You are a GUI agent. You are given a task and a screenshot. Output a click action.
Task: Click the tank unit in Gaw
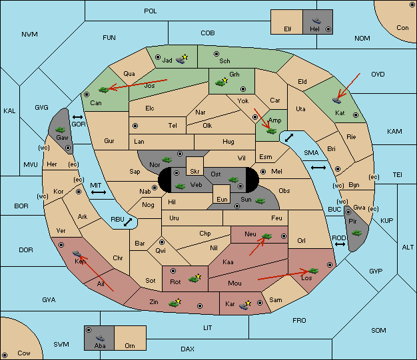[60, 129]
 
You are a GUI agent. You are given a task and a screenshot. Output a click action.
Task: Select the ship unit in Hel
[316, 21]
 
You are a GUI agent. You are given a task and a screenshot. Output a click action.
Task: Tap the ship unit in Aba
[100, 337]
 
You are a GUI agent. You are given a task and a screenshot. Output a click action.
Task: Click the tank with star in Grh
[221, 82]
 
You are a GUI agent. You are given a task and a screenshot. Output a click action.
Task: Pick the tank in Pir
[356, 233]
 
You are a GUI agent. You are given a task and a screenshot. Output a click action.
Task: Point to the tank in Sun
[260, 201]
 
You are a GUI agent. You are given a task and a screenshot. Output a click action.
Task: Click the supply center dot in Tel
[135, 125]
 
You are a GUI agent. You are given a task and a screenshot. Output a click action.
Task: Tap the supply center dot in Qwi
[162, 242]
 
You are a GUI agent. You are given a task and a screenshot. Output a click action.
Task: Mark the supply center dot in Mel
[263, 172]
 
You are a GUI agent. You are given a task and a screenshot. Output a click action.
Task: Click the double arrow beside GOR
[78, 117]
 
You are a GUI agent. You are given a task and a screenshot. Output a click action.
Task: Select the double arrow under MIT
[99, 192]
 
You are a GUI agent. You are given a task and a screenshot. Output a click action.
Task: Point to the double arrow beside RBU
[128, 222]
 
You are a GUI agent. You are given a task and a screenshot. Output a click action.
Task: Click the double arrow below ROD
[340, 244]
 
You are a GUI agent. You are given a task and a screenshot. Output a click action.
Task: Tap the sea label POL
[151, 11]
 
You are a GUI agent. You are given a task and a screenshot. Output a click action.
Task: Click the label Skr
[195, 172]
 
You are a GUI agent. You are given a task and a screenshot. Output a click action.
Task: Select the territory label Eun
[222, 199]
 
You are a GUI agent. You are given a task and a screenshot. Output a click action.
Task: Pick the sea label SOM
[378, 330]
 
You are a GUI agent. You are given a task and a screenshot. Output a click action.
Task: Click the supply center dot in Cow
[5, 355]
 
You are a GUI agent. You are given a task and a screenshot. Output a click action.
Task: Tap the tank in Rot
[195, 278]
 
